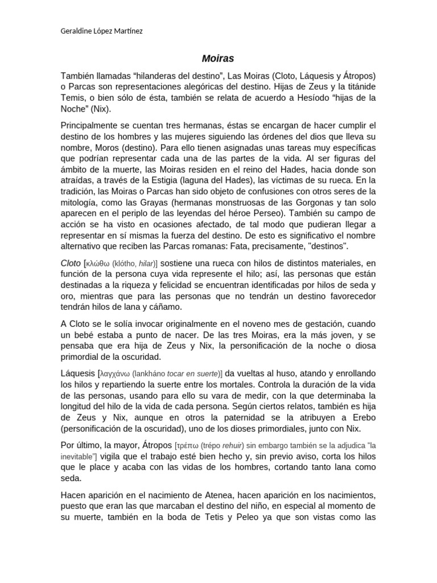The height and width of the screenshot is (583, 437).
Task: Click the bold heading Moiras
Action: coord(218,58)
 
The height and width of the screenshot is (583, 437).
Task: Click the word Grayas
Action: coord(152,202)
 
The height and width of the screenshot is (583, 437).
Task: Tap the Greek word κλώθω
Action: coord(97,263)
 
